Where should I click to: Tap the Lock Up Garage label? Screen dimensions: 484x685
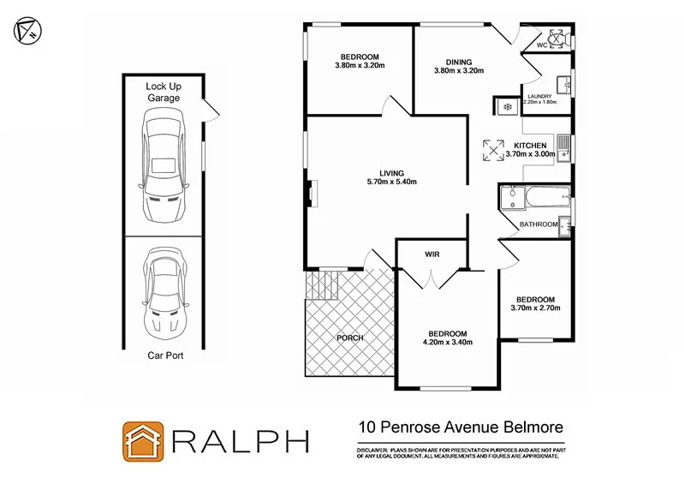point(163,92)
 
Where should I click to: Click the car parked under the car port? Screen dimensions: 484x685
point(163,292)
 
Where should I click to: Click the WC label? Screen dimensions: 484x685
point(542,45)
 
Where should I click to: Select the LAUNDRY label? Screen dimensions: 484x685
point(539,95)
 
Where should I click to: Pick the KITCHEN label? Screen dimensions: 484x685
point(529,146)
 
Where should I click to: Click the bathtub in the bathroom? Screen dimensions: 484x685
point(541,199)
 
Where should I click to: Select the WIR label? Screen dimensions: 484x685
point(432,254)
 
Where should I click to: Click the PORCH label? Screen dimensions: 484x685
point(349,338)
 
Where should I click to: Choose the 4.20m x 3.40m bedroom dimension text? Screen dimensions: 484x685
point(447,343)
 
